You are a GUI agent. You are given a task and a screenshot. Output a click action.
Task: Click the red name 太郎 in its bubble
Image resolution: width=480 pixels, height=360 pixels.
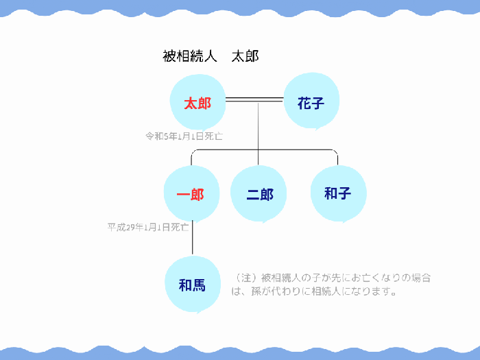tap(197, 103)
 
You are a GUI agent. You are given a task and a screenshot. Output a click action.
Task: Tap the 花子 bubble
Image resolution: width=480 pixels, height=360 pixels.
tap(311, 101)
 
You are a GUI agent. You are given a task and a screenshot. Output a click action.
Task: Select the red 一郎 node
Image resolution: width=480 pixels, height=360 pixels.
tap(191, 194)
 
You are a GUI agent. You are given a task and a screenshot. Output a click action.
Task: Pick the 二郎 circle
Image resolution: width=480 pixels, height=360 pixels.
tap(259, 194)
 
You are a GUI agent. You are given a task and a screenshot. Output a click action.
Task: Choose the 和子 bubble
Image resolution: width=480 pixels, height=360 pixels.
tap(339, 194)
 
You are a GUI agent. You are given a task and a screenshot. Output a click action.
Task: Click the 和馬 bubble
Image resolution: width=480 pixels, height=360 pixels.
tap(193, 284)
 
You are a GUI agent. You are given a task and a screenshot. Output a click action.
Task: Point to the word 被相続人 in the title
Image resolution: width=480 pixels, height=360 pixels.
tap(189, 56)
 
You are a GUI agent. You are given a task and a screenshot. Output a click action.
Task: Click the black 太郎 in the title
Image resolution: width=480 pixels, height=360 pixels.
tap(245, 56)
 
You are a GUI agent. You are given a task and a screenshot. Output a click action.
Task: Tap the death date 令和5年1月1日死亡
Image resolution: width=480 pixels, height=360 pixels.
tap(184, 136)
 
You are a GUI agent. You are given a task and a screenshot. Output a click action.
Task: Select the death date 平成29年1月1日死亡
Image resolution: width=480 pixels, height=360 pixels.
tap(148, 227)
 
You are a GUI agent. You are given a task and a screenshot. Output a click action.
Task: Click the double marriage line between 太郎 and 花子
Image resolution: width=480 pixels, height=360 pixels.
tap(254, 99)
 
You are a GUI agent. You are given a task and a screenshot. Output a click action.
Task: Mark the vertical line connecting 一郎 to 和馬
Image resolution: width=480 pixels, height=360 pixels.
tap(192, 237)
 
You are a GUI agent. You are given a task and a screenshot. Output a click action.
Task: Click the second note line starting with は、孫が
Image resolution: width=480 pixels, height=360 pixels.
tap(314, 291)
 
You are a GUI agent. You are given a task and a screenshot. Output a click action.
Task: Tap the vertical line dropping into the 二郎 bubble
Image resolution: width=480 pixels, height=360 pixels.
tap(258, 134)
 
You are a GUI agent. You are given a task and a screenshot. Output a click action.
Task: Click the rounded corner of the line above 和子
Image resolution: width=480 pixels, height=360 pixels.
tap(335, 152)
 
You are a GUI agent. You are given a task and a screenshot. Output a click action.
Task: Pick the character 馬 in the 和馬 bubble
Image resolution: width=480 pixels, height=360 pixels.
tap(200, 285)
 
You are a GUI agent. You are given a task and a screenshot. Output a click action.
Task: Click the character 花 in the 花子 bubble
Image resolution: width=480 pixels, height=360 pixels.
tap(304, 103)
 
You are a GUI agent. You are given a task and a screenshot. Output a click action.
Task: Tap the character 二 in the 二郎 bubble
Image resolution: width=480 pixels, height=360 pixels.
tap(253, 194)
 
